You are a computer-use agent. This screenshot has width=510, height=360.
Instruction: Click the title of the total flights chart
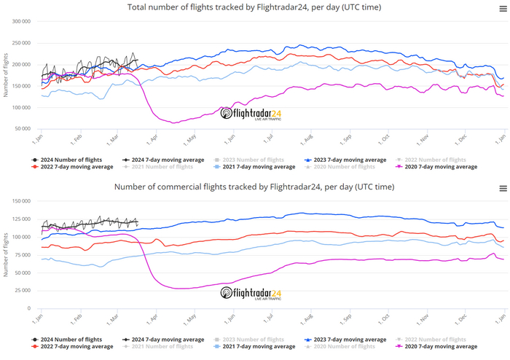(x=254, y=7)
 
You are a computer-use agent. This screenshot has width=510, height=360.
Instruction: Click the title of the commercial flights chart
(x=254, y=187)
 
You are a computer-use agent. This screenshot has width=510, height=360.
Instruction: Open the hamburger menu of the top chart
(x=503, y=8)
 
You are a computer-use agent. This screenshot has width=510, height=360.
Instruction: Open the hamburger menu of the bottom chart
(x=503, y=188)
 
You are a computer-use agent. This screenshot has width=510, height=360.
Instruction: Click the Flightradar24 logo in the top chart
(x=251, y=114)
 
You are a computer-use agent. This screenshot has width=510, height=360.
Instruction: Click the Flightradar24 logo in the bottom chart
(x=251, y=294)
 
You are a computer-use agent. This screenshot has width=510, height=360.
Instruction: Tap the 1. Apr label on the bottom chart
(x=152, y=318)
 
